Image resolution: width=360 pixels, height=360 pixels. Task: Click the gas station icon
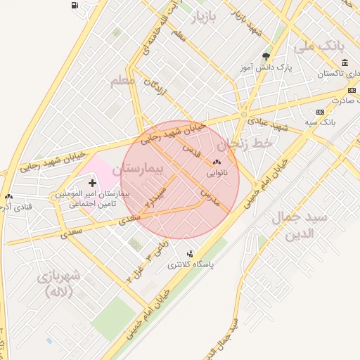75,6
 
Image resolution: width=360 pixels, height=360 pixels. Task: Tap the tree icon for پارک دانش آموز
266,56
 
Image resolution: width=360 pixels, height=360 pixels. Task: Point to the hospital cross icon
92,183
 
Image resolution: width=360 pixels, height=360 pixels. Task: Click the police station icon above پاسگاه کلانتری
190,254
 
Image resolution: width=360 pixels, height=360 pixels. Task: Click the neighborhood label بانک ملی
332,46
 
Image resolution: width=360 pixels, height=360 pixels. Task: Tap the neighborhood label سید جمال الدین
300,225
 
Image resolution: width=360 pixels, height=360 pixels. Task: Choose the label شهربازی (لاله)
58,283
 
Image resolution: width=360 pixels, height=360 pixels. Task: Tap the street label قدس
191,149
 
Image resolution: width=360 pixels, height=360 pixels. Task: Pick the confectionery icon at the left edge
8,198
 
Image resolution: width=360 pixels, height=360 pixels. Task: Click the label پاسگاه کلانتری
190,266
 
